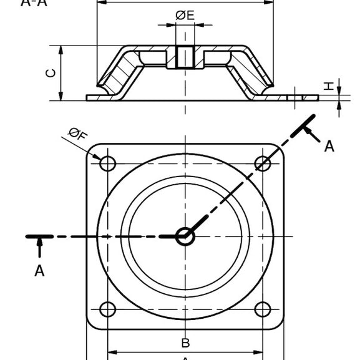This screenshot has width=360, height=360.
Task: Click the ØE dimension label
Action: [185, 15]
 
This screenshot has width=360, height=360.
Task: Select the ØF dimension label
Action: [78, 133]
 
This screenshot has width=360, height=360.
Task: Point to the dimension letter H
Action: [329, 87]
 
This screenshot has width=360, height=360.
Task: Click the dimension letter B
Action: [185, 343]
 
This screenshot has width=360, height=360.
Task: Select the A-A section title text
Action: [34, 2]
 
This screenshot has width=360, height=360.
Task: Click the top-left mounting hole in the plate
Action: [107, 163]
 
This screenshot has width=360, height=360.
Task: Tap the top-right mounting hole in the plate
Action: [263, 163]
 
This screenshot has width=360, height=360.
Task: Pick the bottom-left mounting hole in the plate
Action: [107, 309]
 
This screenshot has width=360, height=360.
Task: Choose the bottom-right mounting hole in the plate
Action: [263, 309]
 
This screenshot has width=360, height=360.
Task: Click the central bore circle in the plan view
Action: [185, 236]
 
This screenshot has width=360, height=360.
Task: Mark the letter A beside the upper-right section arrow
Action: [329, 147]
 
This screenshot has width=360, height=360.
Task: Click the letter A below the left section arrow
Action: [39, 271]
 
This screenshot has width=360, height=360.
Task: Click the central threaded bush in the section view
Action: [185, 57]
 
